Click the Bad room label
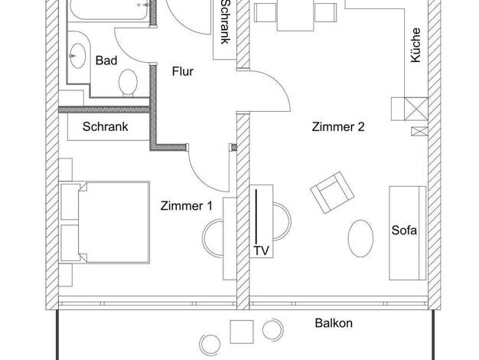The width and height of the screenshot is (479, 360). click(106, 61)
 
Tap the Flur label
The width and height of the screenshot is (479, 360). click(183, 71)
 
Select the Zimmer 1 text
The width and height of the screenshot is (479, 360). click(187, 205)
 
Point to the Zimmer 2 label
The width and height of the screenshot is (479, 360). click(338, 126)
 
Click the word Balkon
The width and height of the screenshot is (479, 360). click(334, 323)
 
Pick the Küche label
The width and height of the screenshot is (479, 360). click(415, 45)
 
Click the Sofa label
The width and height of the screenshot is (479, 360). click(404, 230)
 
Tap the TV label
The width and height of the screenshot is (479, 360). click(261, 250)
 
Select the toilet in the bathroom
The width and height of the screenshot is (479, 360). click(128, 83)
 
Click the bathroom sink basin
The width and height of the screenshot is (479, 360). click(77, 56)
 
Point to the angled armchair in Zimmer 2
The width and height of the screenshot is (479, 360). click(332, 192)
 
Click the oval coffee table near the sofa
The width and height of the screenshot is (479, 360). click(360, 238)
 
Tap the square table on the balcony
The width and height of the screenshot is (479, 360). click(242, 332)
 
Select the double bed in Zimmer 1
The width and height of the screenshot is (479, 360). click(105, 222)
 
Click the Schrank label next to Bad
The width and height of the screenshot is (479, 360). click(105, 126)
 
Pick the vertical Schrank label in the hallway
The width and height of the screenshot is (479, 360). click(226, 21)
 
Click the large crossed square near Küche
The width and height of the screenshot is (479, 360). click(416, 109)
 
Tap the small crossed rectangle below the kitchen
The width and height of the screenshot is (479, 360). click(419, 131)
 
